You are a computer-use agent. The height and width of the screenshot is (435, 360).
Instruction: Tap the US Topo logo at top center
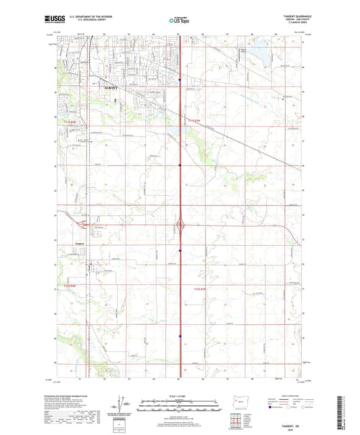(x=179, y=20)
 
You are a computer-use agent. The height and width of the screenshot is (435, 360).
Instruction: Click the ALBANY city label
(x=111, y=88)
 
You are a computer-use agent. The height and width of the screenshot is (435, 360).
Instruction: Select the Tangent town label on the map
(x=80, y=244)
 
